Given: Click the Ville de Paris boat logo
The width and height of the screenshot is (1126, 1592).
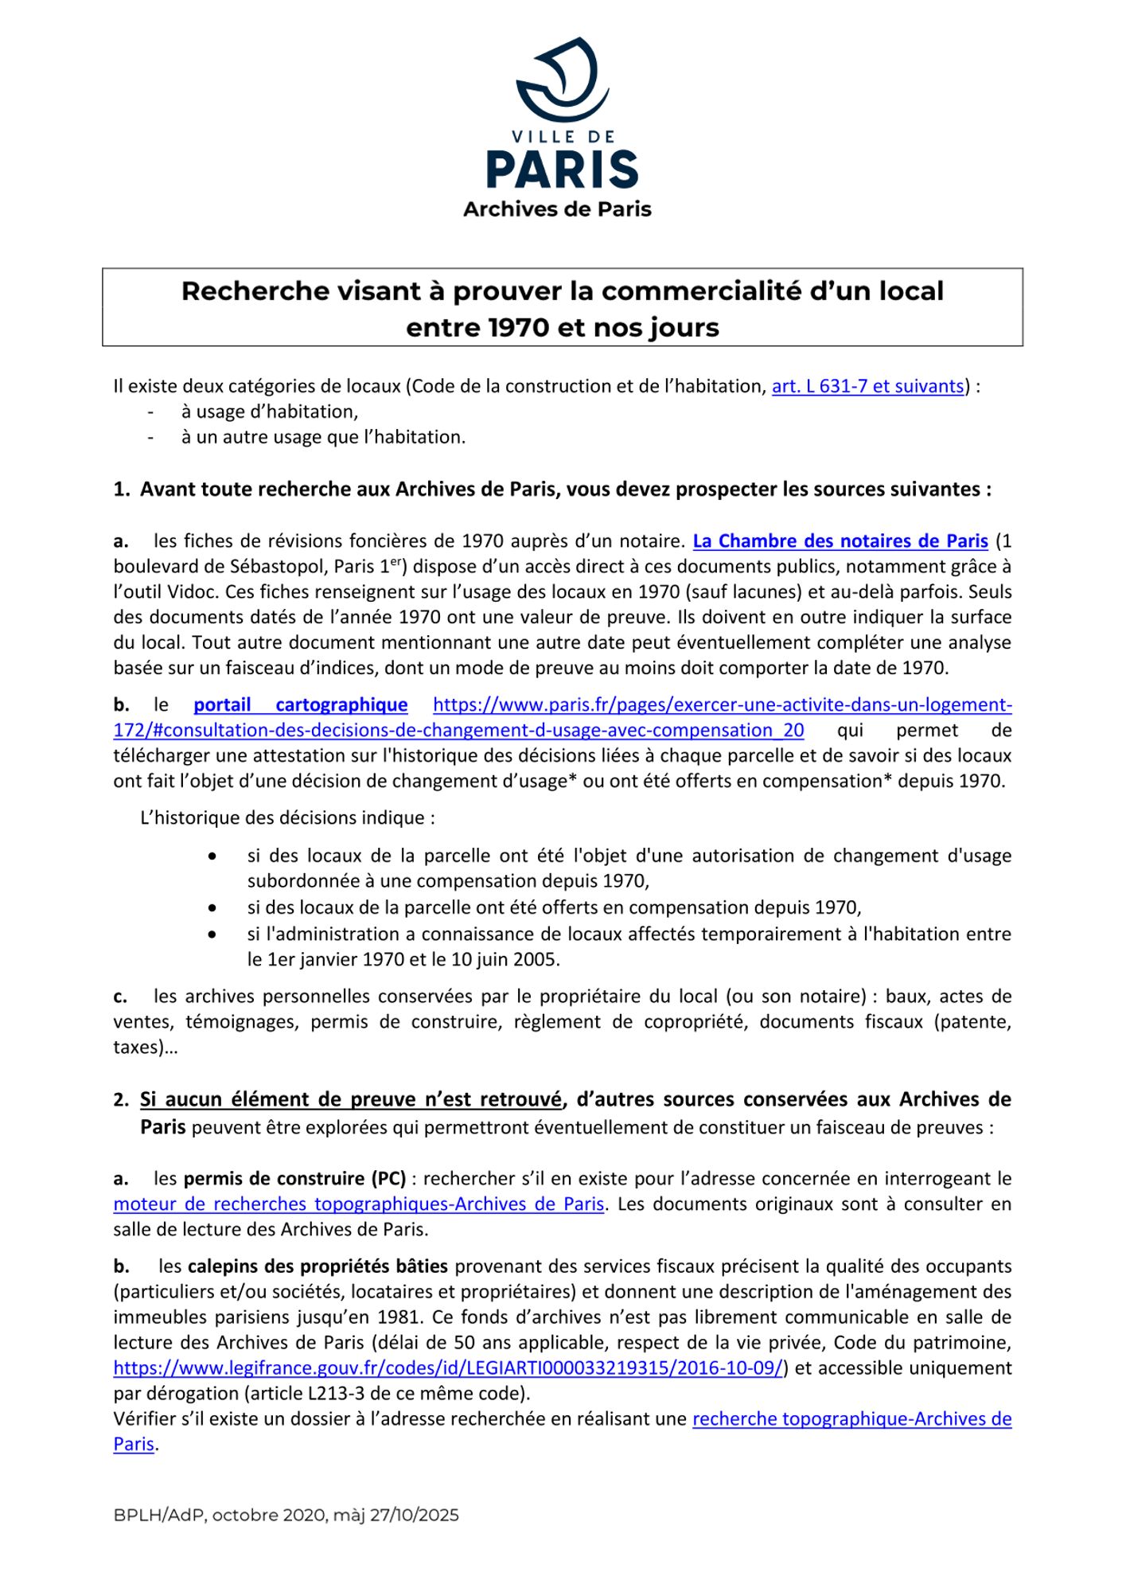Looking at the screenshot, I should pyautogui.click(x=563, y=78).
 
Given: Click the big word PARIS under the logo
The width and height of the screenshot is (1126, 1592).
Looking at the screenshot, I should pyautogui.click(x=563, y=169).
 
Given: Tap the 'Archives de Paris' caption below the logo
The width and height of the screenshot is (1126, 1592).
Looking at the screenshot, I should pyautogui.click(x=557, y=209).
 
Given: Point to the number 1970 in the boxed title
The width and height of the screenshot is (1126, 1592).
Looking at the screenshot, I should pyautogui.click(x=519, y=328).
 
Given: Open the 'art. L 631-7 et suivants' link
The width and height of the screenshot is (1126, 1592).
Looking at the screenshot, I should pyautogui.click(x=867, y=387).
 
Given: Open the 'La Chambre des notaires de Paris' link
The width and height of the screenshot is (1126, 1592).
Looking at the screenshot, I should pyautogui.click(x=840, y=541).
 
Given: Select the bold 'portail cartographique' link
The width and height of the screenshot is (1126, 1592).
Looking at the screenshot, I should pyautogui.click(x=300, y=705).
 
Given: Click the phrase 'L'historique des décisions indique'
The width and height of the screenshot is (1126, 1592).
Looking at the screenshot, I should pyautogui.click(x=287, y=818).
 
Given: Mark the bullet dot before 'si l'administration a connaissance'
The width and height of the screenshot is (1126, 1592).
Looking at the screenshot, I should pyautogui.click(x=212, y=935).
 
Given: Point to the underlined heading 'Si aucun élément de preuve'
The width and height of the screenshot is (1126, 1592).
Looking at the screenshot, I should pyautogui.click(x=351, y=1100).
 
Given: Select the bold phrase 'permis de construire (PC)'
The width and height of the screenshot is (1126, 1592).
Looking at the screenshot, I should pyautogui.click(x=294, y=1179).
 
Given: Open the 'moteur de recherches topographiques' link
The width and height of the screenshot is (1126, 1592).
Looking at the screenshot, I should pyautogui.click(x=358, y=1204).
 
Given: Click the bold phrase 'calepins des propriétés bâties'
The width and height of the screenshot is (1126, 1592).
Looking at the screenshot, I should pyautogui.click(x=318, y=1266).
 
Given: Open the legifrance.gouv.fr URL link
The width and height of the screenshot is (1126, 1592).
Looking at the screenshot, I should pyautogui.click(x=448, y=1368).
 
